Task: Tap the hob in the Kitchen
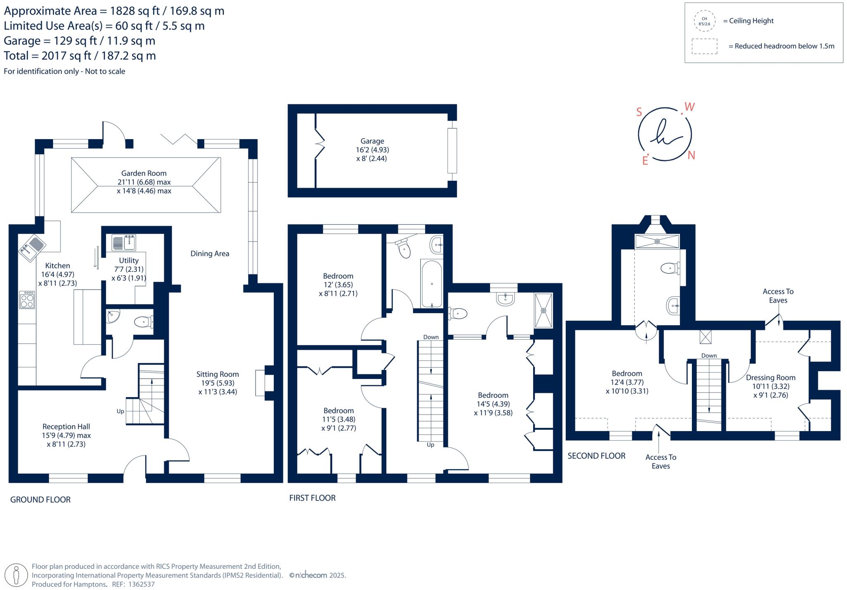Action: tap(27, 300)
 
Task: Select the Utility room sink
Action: tap(124, 242)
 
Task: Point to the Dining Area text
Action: tap(210, 254)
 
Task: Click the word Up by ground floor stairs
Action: tap(120, 411)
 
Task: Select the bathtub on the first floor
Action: tap(431, 284)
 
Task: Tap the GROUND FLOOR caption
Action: tap(41, 500)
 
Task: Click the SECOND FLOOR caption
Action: tap(596, 456)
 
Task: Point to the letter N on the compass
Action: tap(691, 155)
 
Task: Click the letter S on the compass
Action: tap(639, 112)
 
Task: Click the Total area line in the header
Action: tap(80, 56)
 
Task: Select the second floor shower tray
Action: tap(657, 241)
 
